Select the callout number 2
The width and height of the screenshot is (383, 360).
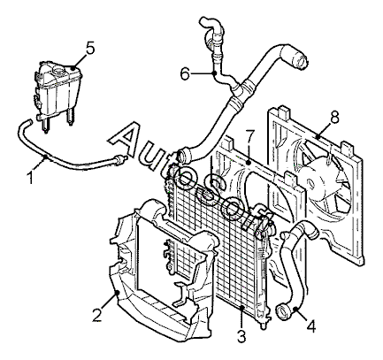coord(96,315)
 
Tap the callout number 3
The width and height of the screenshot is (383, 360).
coord(241,336)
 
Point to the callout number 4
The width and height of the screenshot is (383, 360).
coord(311,326)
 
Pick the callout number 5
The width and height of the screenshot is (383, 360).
coord(90,48)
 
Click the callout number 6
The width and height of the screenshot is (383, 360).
coord(185,74)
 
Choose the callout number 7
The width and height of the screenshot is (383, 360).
coord(249,136)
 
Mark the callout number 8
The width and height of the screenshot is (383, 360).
coord(334,117)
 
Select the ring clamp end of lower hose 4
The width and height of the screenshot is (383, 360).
coord(283,312)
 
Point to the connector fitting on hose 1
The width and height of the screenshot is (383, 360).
coord(120,159)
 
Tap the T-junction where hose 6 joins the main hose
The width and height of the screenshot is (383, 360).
coord(239,90)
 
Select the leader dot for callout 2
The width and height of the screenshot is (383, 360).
coord(118,293)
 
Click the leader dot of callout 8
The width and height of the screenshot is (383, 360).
coord(318,137)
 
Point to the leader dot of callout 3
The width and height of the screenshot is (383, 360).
coord(241,308)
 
